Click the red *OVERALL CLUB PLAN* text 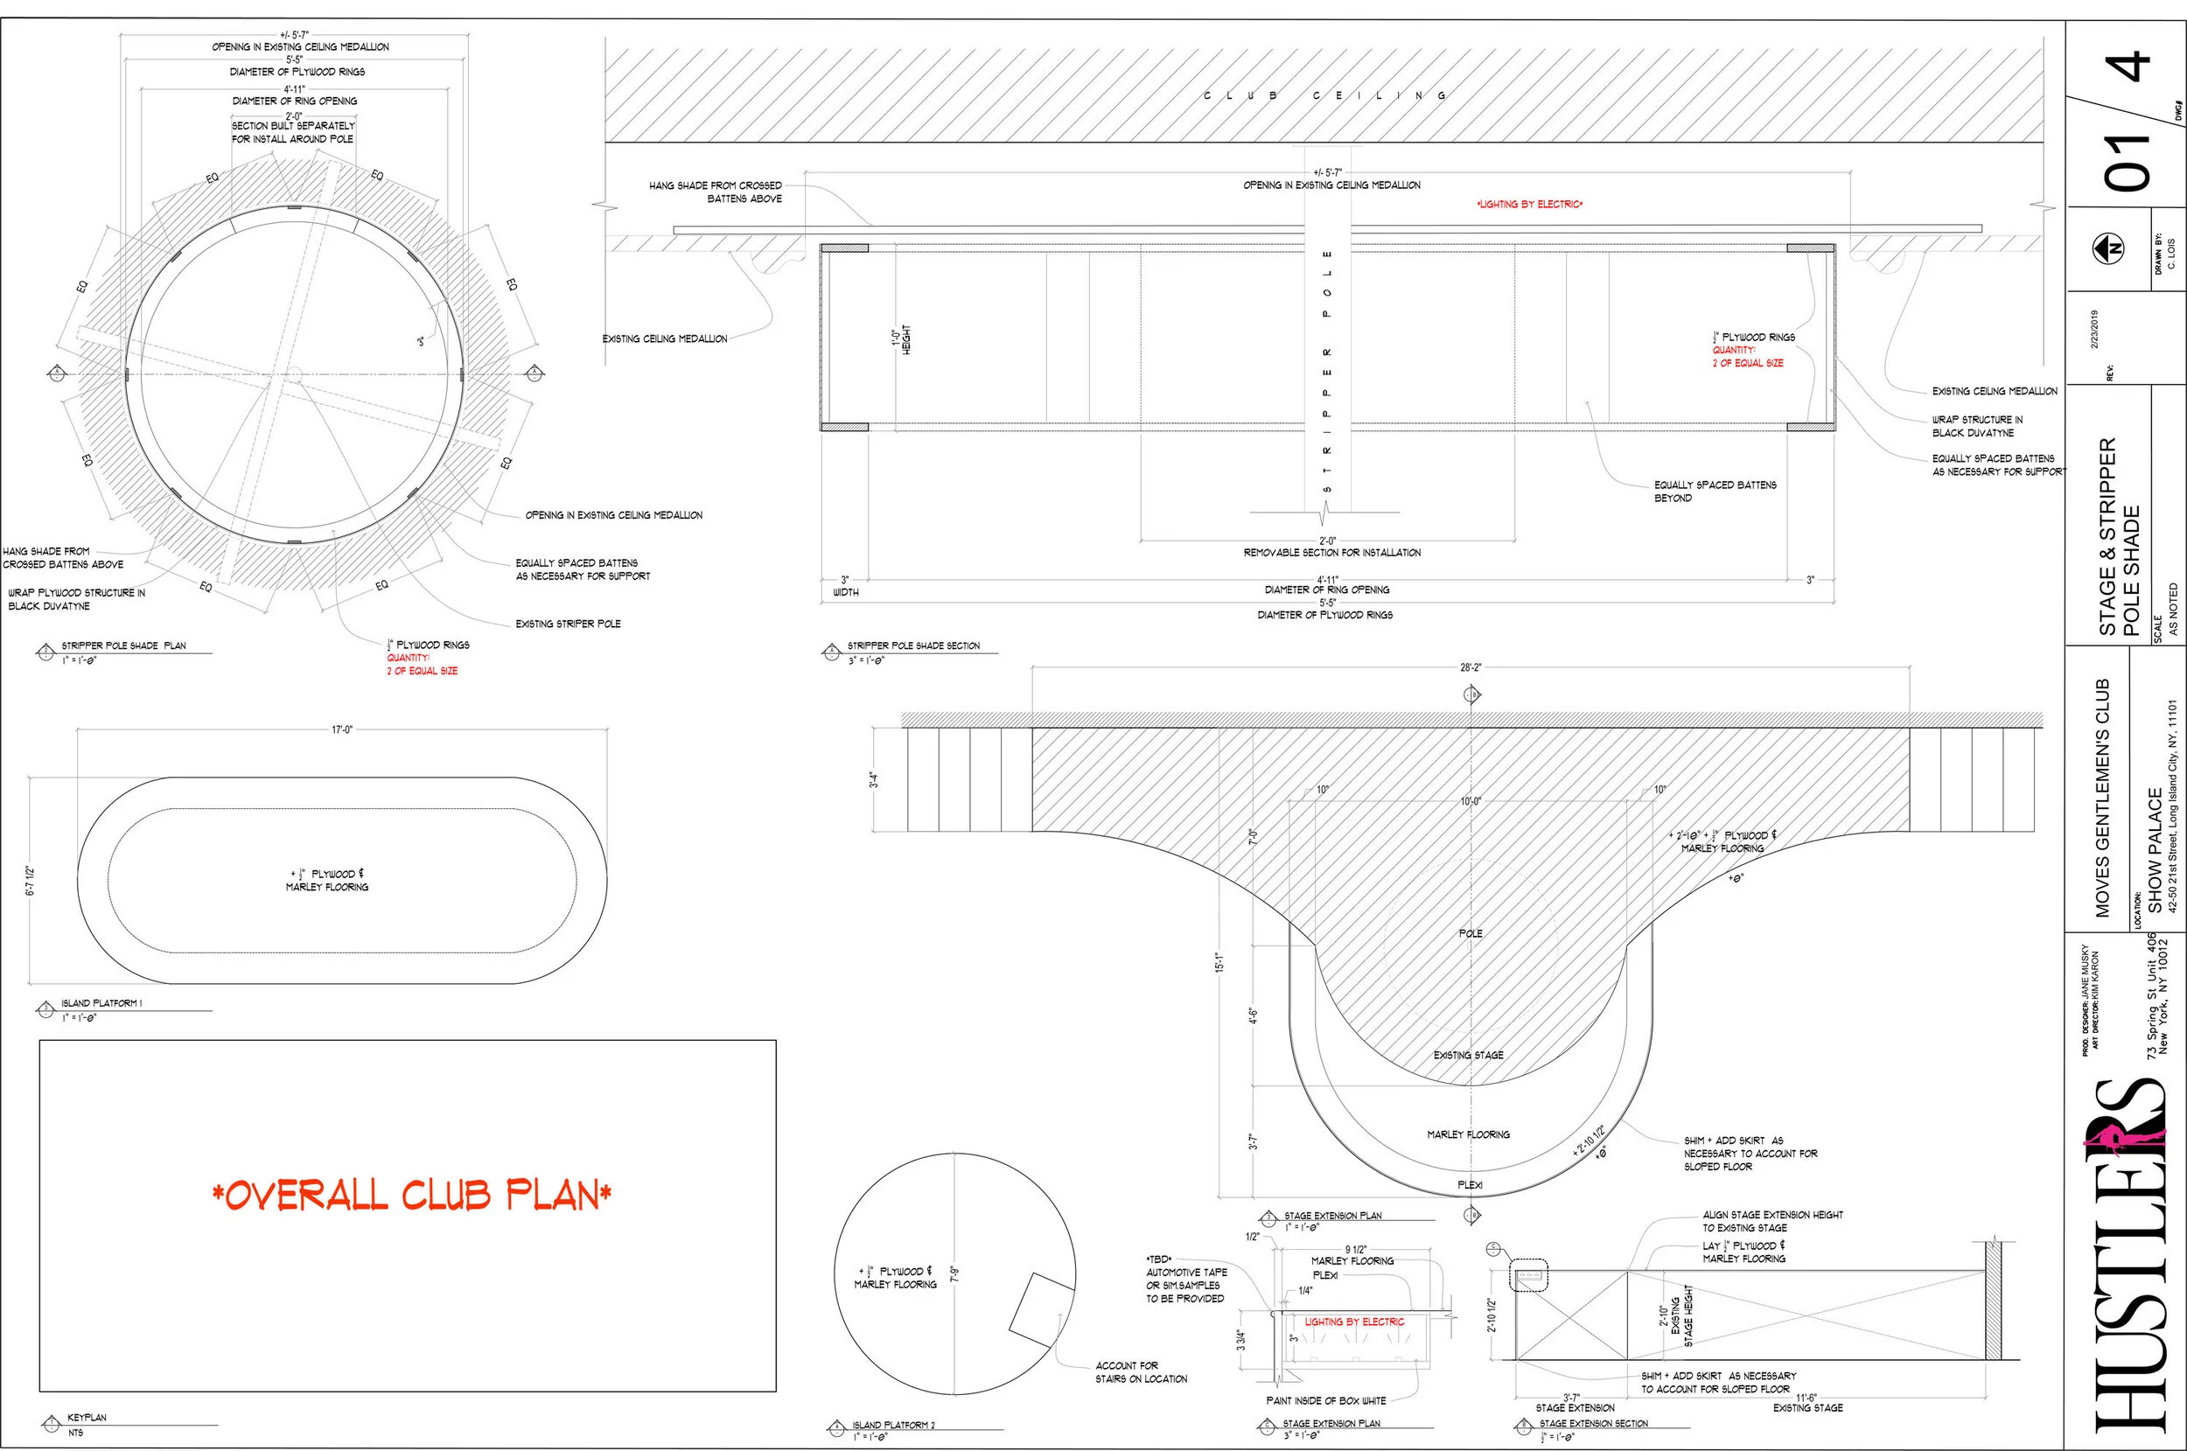click(x=411, y=1196)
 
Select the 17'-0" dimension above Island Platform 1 click(x=342, y=730)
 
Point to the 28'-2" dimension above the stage click(x=1470, y=666)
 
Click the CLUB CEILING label click(x=1325, y=95)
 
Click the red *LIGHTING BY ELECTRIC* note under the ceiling click(x=1529, y=205)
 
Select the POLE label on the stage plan click(x=1470, y=934)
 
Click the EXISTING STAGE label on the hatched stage click(x=1468, y=1055)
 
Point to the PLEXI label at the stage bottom click(x=1470, y=1185)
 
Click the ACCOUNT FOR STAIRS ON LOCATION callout click(x=1140, y=1372)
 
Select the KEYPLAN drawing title click(x=87, y=1417)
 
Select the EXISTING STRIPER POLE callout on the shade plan click(x=568, y=624)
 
